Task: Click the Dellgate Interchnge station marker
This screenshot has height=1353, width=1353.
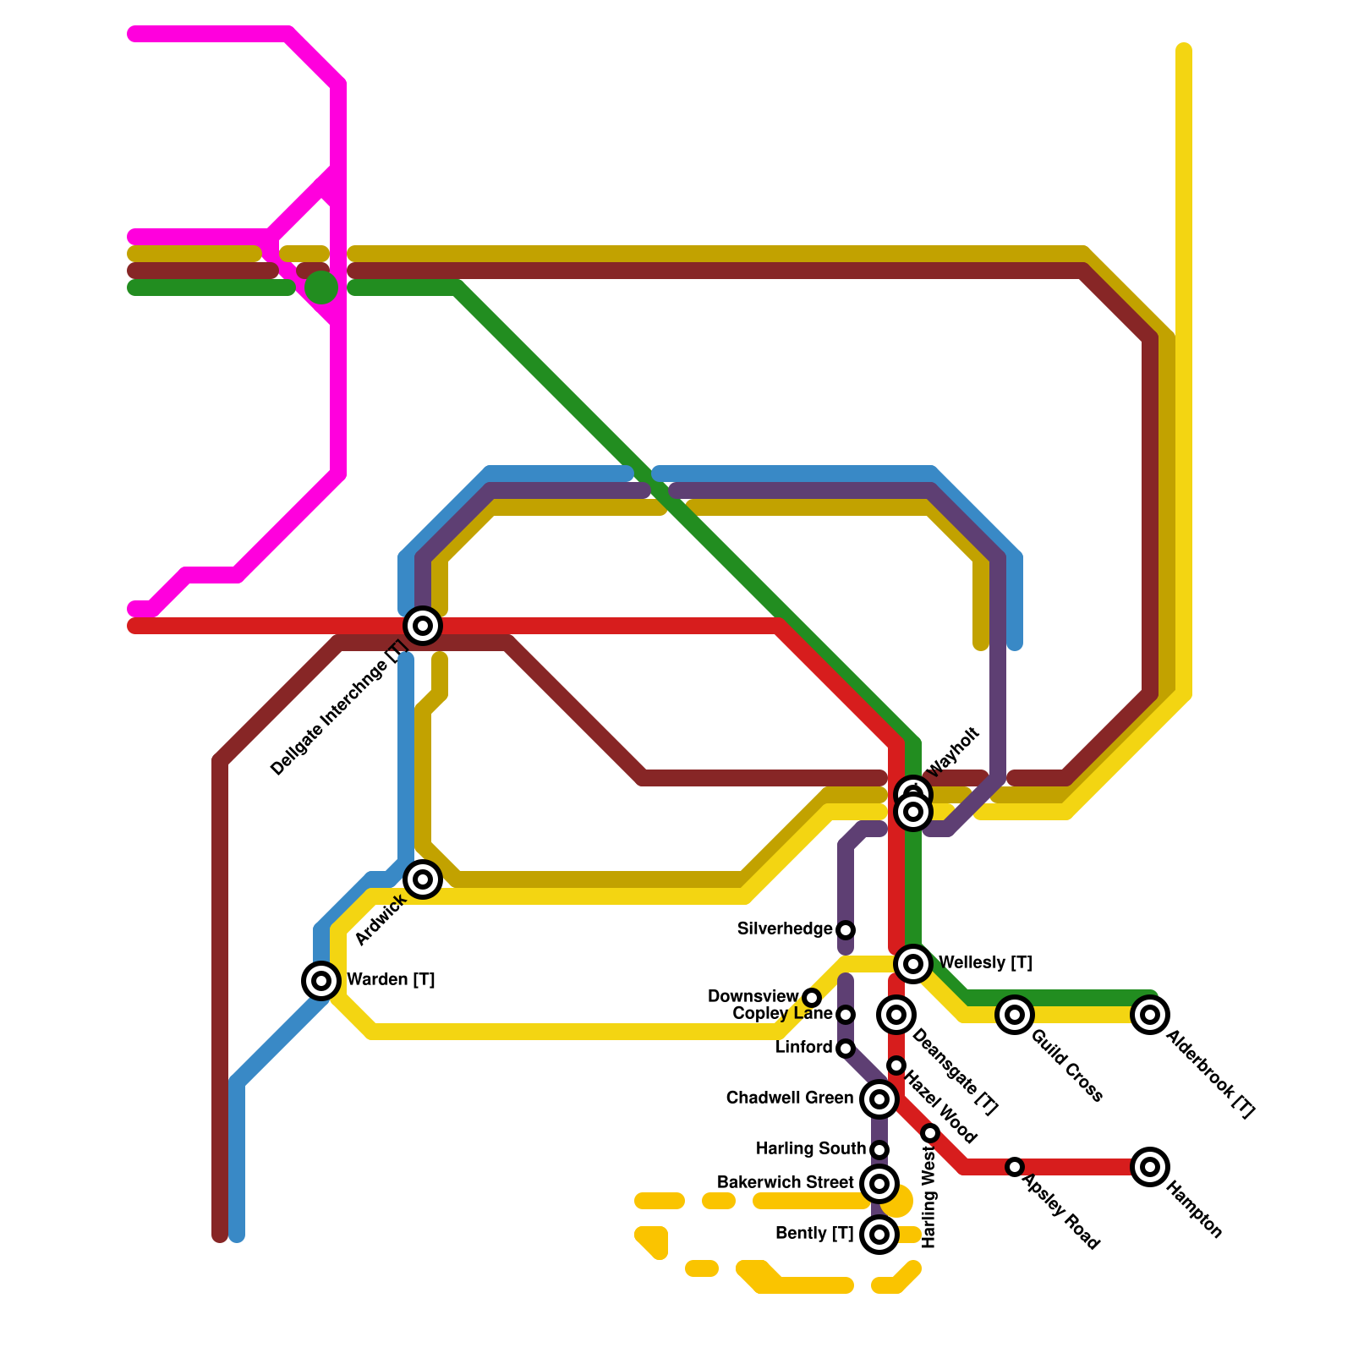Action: (x=423, y=626)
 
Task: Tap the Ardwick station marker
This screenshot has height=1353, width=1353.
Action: (x=423, y=879)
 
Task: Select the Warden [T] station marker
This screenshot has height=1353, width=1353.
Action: (x=321, y=981)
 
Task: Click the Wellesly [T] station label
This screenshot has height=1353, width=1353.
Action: (x=984, y=963)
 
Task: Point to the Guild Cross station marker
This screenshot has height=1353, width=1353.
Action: (x=1015, y=1015)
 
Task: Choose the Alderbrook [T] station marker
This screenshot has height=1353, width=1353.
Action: (x=1150, y=1015)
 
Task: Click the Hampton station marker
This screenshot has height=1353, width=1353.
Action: (x=1150, y=1167)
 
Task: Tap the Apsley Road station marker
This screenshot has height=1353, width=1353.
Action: (x=1015, y=1167)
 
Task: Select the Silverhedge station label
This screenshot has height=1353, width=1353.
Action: (x=784, y=929)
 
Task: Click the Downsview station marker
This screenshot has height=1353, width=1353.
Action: (x=812, y=998)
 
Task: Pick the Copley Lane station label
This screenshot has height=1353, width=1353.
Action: (x=782, y=1014)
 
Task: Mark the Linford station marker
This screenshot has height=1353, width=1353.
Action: (x=846, y=1049)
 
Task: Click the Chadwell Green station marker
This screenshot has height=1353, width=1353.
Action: (x=879, y=1099)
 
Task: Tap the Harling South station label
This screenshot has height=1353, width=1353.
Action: (x=810, y=1149)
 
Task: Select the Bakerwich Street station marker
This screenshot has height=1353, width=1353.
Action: (x=879, y=1184)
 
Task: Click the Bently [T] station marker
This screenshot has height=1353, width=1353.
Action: (x=879, y=1235)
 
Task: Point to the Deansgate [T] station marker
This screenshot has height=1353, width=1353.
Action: (x=896, y=1015)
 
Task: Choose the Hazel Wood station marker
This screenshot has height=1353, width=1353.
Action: (x=896, y=1065)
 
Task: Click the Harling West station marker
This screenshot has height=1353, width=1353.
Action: (x=930, y=1133)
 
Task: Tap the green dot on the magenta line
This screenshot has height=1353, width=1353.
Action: (x=321, y=288)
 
